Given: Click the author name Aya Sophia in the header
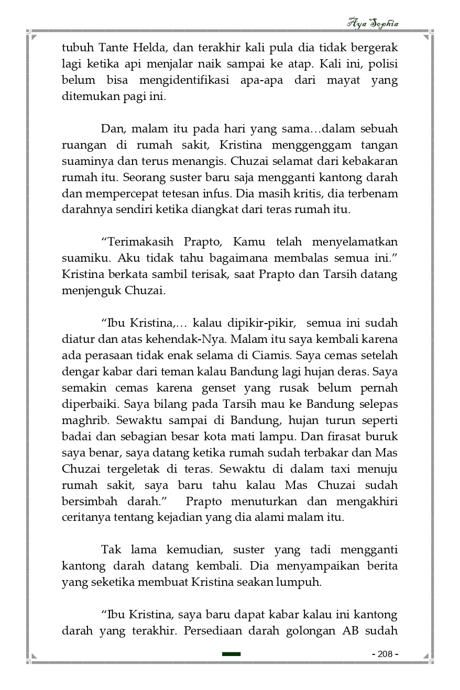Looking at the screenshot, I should (373, 24).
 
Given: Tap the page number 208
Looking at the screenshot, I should (385, 654).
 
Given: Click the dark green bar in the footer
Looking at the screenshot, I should (231, 654).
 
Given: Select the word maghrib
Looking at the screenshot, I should (84, 420).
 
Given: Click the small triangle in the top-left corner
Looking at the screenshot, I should (34, 37).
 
